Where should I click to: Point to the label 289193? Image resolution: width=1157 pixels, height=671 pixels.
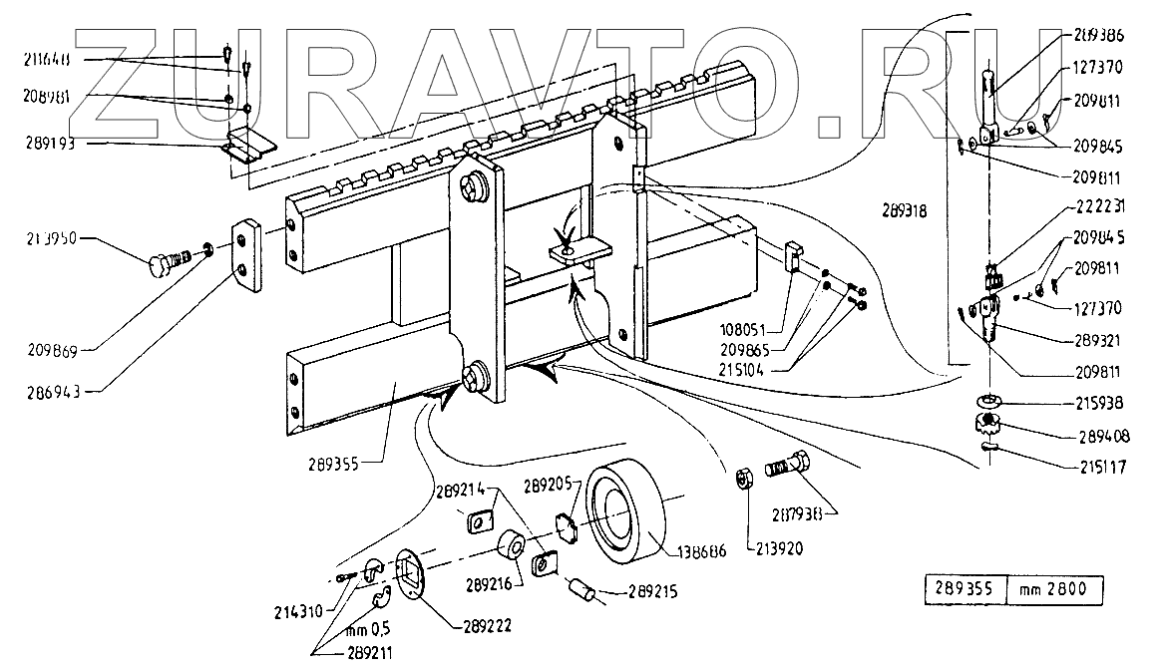tap(50, 144)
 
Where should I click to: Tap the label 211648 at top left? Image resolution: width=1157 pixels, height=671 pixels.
tap(48, 61)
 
